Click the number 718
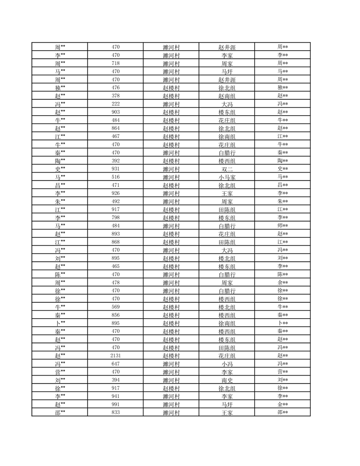pyautogui.click(x=116, y=63)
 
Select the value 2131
pyautogui.click(x=116, y=356)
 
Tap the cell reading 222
pyautogui.click(x=116, y=104)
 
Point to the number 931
pyautogui.click(x=116, y=169)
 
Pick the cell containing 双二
pyautogui.click(x=227, y=169)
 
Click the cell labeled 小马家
pyautogui.click(x=227, y=177)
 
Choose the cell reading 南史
pyautogui.click(x=227, y=380)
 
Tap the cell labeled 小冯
pyautogui.click(x=227, y=364)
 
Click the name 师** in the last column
pyautogui.click(x=282, y=226)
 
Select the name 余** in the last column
pyautogui.click(x=282, y=283)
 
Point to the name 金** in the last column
pyautogui.click(x=282, y=405)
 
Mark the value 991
pyautogui.click(x=116, y=405)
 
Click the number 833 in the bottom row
pyautogui.click(x=116, y=413)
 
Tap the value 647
pyautogui.click(x=116, y=364)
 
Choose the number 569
pyautogui.click(x=116, y=307)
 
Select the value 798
pyautogui.click(x=116, y=218)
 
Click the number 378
pyautogui.click(x=116, y=96)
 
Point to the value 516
pyautogui.click(x=116, y=177)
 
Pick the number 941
pyautogui.click(x=116, y=396)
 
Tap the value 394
pyautogui.click(x=116, y=380)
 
